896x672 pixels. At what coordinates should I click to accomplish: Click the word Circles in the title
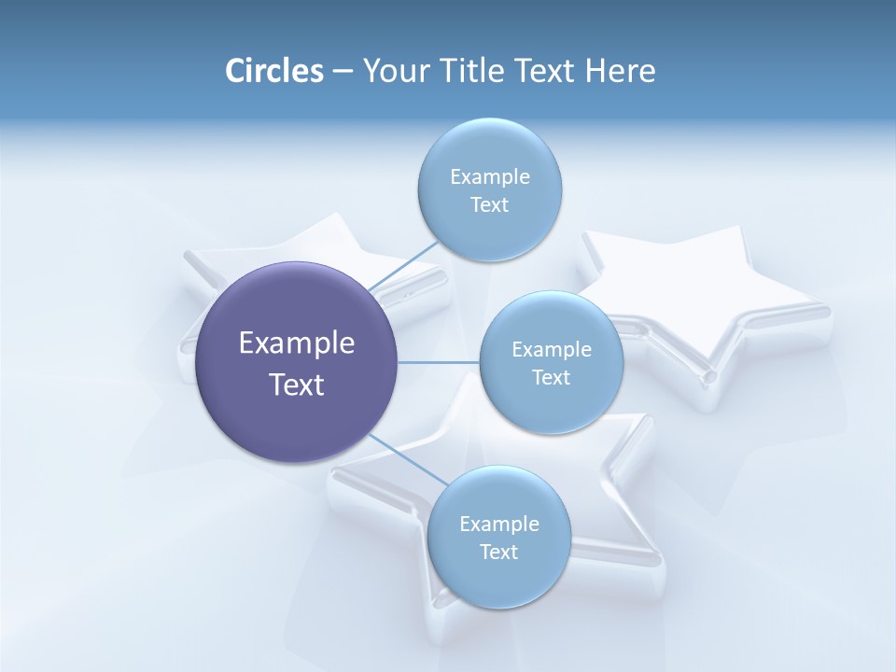[x=273, y=71]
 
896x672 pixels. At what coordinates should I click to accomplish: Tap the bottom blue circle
[x=498, y=579]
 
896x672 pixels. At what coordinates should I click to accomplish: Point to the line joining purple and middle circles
[x=439, y=361]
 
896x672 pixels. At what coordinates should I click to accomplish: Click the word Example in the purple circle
[x=297, y=343]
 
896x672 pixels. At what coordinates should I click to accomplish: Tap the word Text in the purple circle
[x=297, y=385]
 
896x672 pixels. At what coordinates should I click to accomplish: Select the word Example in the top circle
[x=489, y=177]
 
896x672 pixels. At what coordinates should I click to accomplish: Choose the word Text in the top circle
[x=489, y=205]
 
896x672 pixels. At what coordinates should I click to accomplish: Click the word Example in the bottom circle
[x=498, y=524]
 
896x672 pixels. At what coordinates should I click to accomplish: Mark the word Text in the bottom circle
[x=498, y=552]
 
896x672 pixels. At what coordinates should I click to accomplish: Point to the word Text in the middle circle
[x=551, y=377]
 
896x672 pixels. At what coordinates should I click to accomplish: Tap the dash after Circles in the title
[x=342, y=71]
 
